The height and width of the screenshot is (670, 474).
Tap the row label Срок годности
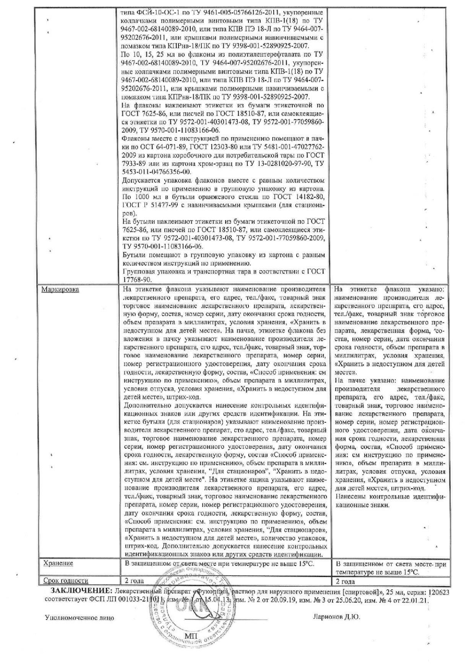pos(65,581)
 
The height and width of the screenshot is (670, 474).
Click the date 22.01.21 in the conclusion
pos(416,599)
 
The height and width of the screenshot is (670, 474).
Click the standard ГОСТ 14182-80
pos(299,197)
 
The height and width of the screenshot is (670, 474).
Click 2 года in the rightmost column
pos(345,582)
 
